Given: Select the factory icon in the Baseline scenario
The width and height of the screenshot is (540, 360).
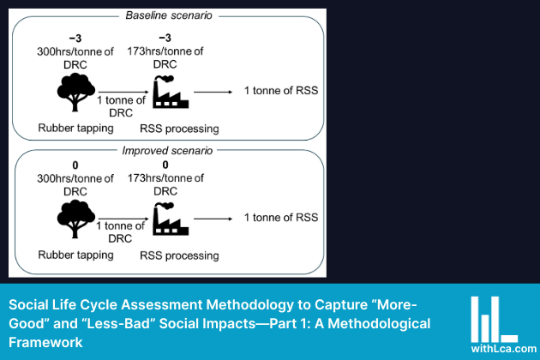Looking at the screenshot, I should (x=170, y=93).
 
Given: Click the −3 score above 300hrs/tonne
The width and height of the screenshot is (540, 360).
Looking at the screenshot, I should (x=75, y=38).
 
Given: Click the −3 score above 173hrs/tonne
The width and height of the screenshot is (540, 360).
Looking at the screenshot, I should (x=168, y=38).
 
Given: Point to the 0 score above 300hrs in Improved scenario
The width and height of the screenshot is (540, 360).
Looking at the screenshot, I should (x=75, y=165).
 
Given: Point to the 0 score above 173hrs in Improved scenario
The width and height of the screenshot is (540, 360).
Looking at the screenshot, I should (x=168, y=165).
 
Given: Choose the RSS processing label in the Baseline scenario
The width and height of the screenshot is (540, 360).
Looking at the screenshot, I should (x=179, y=129).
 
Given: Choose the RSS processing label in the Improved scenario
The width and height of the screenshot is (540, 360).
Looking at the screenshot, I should (x=179, y=255).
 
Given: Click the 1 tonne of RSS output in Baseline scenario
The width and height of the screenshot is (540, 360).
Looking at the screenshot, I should (x=281, y=91).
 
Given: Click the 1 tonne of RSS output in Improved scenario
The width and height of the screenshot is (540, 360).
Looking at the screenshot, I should (x=281, y=218).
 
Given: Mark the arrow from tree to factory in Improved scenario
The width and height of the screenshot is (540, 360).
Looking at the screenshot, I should (x=120, y=218).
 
